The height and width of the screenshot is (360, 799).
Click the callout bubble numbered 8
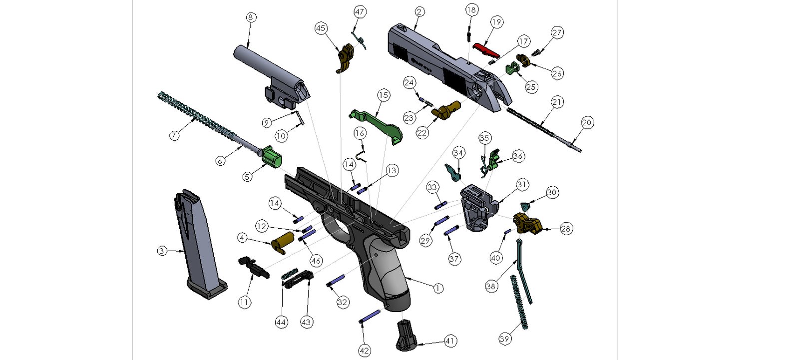(251, 17)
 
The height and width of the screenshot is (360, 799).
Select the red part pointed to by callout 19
(486, 49)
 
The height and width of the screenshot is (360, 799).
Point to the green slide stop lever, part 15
(377, 122)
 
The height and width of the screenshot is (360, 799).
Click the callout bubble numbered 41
(450, 342)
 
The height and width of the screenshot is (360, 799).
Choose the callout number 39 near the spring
(504, 339)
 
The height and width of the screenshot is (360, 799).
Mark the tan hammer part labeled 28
(527, 223)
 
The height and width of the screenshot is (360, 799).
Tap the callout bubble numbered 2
(419, 11)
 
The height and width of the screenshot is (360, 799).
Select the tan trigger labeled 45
(345, 57)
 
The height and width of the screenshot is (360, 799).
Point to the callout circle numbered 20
(587, 122)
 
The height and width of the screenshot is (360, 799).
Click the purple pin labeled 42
(370, 317)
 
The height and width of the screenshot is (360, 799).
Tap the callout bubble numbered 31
(522, 185)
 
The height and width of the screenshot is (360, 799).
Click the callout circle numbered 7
(174, 135)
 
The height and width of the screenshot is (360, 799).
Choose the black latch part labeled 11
(254, 266)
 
